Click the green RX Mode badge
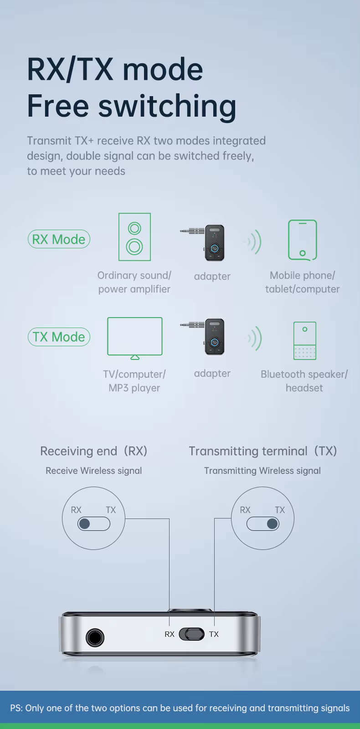pos(59,239)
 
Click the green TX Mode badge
pos(59,337)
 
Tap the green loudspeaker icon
pos(134,237)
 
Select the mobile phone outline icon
pos(302,240)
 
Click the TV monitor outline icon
pos(134,338)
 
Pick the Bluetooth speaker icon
pos(304,340)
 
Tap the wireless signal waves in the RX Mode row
pos(253,241)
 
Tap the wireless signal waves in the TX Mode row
pos(255,338)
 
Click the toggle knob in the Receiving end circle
pos(85,524)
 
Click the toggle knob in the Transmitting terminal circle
pos(272,524)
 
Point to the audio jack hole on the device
pos(95,637)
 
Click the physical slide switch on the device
pos(191,634)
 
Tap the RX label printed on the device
pos(170,634)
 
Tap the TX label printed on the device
pos(214,634)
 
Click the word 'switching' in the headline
pos(167,106)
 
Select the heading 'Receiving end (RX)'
pos(94,451)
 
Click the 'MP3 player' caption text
pos(134,388)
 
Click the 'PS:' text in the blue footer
pos(16,708)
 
